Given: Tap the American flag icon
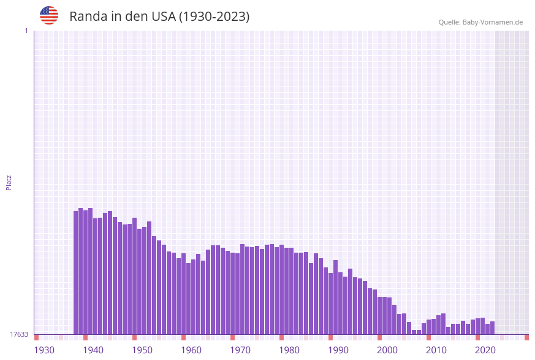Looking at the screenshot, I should point(49,15).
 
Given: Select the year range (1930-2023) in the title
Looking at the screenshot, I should point(214,17).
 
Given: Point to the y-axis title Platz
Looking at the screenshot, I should point(9,182).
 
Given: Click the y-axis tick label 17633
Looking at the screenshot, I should point(19,334).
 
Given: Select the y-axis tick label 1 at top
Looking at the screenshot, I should point(26,31).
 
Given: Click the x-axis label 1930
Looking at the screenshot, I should point(44,350).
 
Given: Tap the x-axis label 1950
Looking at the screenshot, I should point(142,350).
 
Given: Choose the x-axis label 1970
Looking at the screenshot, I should point(240,350).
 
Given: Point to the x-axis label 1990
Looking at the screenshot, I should point(338,350).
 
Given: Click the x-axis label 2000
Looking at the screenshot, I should point(387,350).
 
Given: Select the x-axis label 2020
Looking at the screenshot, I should point(485,350).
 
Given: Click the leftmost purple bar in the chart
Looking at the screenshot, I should point(76,272).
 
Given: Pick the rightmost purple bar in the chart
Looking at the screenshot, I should point(492,327).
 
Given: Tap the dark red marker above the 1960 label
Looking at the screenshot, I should point(183,337).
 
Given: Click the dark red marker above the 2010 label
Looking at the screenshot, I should point(428,337).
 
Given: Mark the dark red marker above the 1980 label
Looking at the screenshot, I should point(281,337).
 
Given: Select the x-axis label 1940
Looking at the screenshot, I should point(93,350).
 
